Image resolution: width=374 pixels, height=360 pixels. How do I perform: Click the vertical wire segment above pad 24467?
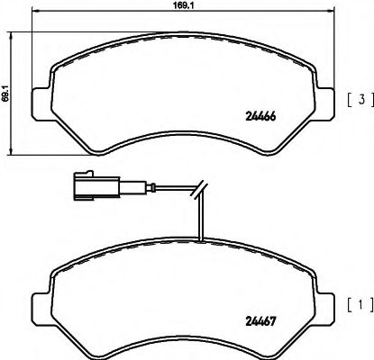coord(204,216)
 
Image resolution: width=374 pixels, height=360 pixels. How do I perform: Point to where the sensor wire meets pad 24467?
coord(204,239)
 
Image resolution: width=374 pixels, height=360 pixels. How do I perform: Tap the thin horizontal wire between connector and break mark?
coord(171,189)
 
